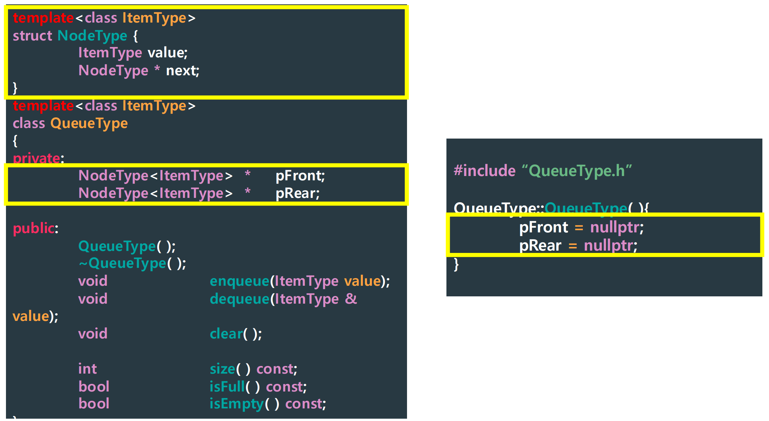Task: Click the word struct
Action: [32, 36]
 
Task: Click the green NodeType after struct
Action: [92, 36]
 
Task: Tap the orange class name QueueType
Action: [89, 123]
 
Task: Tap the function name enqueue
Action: [239, 281]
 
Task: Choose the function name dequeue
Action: [239, 299]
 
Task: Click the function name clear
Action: [226, 334]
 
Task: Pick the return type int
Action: [87, 369]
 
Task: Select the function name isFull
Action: [227, 387]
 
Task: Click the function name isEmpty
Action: [236, 404]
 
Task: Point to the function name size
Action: [222, 369]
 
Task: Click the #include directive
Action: [485, 171]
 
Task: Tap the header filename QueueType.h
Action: [577, 171]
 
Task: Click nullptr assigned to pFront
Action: [615, 227]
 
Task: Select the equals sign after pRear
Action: [573, 246]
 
